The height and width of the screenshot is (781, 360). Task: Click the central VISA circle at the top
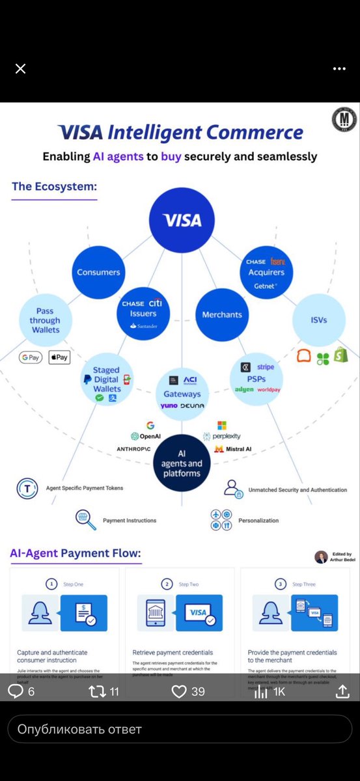point(182,221)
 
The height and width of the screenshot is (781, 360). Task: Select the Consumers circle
point(98,272)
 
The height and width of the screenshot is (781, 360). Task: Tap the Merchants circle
point(221,314)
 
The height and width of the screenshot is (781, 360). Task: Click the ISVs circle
point(318,320)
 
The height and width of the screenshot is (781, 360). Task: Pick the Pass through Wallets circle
point(45,320)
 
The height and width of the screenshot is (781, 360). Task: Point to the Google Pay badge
point(31,357)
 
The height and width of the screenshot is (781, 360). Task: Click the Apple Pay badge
point(59,357)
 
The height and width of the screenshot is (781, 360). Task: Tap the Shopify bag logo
point(340,355)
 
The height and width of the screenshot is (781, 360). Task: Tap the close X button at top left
point(20,68)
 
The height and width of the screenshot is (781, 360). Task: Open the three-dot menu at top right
point(339,68)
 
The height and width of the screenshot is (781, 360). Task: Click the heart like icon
point(179,691)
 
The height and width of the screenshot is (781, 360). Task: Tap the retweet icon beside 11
point(96,691)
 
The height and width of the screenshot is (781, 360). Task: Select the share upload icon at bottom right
point(342,691)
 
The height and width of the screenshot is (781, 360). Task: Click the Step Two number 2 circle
point(167,584)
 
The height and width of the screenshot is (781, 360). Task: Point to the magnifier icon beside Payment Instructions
point(85,519)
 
